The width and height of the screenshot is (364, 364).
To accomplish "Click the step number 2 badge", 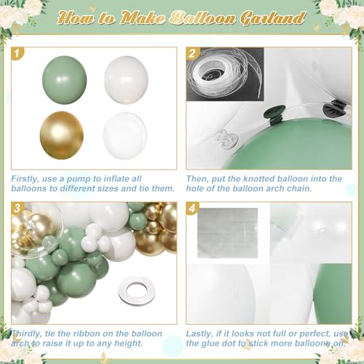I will tap(193, 53).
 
